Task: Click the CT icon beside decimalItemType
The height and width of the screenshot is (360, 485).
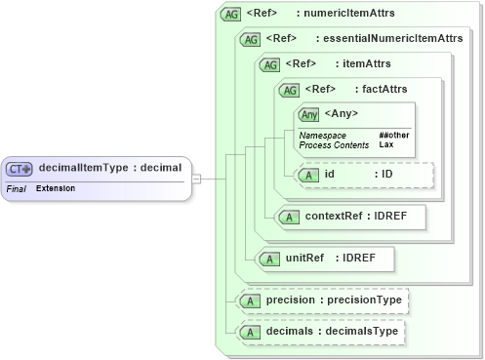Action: coord(20,168)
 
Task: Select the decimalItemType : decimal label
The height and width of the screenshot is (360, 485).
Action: coord(109,168)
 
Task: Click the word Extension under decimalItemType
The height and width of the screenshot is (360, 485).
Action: coord(56,186)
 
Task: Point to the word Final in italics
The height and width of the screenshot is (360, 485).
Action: coord(16,186)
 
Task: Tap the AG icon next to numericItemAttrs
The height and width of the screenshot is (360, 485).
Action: coord(230,15)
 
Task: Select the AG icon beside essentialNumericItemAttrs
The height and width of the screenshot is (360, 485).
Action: coord(250,39)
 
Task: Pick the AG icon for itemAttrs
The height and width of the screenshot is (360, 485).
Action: coord(269,64)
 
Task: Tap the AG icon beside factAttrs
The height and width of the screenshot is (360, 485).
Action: coord(289,90)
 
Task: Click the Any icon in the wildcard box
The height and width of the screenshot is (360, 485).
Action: coord(308,115)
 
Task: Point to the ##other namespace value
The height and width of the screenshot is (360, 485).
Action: coord(394,134)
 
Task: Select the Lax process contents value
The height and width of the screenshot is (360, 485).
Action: coord(386,143)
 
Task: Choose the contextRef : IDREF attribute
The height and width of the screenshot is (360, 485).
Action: coord(350,216)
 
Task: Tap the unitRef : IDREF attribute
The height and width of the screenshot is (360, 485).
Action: coord(323,259)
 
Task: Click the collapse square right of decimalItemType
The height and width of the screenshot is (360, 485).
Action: coord(196,179)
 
